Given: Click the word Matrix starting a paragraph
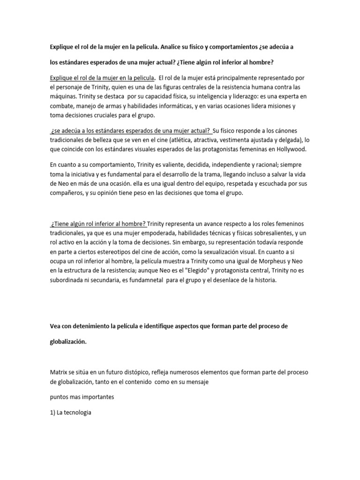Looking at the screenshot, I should [x=59, y=372].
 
